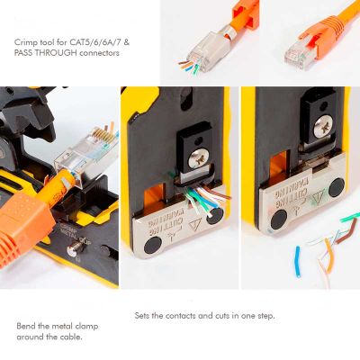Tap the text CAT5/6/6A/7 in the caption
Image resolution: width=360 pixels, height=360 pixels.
[x=95, y=42]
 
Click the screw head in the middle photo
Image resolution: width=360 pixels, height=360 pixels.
[x=197, y=158]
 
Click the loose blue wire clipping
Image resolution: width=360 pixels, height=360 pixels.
[x=297, y=261]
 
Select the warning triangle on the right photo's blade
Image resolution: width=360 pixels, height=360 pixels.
[x=318, y=198]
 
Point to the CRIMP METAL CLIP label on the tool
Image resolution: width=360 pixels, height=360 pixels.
[x=73, y=234]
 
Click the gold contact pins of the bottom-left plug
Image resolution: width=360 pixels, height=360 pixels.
[x=103, y=135]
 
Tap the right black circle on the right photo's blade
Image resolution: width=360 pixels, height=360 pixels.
[x=337, y=186]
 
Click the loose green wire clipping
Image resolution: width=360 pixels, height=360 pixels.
[x=350, y=217]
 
